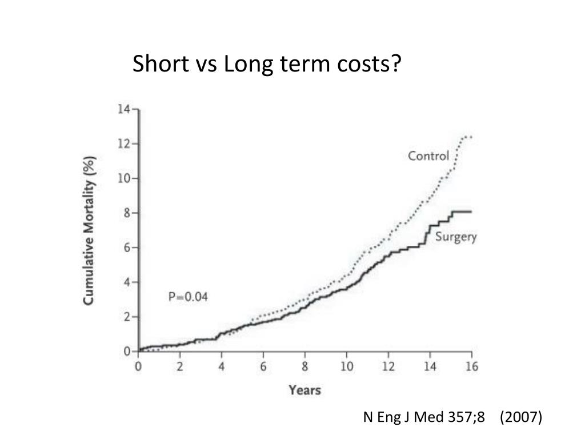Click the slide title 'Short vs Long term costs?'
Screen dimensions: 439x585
(267, 65)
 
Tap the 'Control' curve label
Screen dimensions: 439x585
(428, 155)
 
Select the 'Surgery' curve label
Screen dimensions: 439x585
(456, 237)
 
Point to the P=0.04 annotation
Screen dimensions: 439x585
(188, 297)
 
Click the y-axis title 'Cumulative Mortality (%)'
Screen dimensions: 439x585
(90, 230)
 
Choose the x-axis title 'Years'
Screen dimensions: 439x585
(304, 391)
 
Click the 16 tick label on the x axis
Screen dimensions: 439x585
(472, 367)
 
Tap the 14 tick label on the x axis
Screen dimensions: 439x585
(430, 367)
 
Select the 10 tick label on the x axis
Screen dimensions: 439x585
(347, 367)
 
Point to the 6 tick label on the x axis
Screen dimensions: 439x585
(263, 367)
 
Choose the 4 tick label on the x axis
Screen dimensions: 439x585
(222, 367)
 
